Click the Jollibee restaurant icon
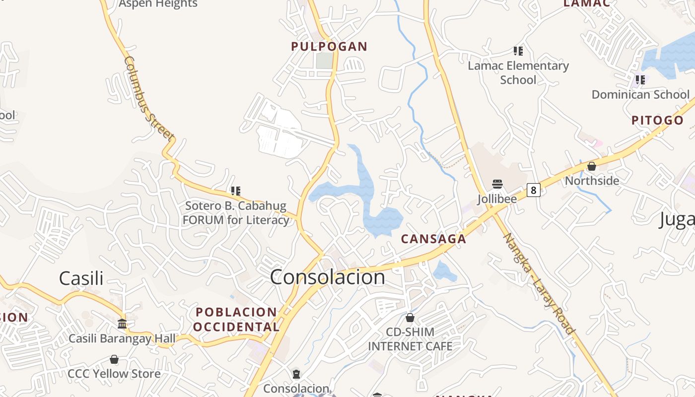click(497, 184)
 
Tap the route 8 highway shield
click(533, 190)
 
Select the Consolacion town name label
click(327, 277)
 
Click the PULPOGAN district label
click(329, 47)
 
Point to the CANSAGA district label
click(433, 239)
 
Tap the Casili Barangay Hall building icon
click(122, 324)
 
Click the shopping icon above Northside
click(591, 166)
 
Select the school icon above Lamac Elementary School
click(518, 51)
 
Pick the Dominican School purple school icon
click(640, 79)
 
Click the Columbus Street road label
click(148, 99)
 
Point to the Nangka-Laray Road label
click(539, 284)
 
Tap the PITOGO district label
click(657, 120)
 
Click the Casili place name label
click(81, 278)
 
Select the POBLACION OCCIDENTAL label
click(236, 320)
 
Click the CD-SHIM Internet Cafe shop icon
click(410, 318)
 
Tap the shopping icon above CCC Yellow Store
click(114, 359)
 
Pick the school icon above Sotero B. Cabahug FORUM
click(236, 191)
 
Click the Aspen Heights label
click(158, 4)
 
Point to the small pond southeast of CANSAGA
click(443, 271)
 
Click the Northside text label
click(592, 181)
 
